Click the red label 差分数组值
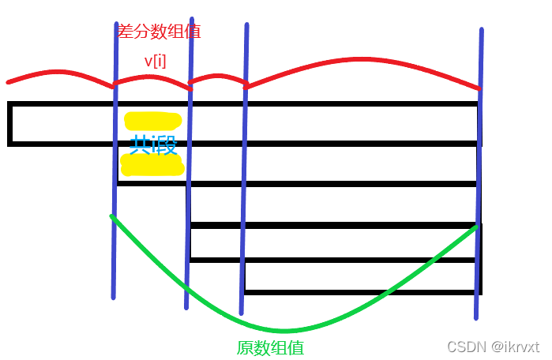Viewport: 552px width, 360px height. coord(159,32)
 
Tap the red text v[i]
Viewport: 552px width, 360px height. coord(155,61)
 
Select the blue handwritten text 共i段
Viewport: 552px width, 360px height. coord(152,144)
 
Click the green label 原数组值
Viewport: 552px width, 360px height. coord(270,347)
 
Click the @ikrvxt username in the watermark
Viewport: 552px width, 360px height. coord(514,347)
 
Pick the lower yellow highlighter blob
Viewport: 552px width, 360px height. coord(152,165)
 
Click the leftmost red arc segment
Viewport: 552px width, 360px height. coord(59,74)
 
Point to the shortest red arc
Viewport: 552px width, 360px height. coord(219,77)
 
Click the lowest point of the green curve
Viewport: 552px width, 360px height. coord(284,330)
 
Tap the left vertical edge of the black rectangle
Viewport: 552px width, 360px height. coord(9,124)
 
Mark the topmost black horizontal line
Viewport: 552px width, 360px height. coord(237,103)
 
